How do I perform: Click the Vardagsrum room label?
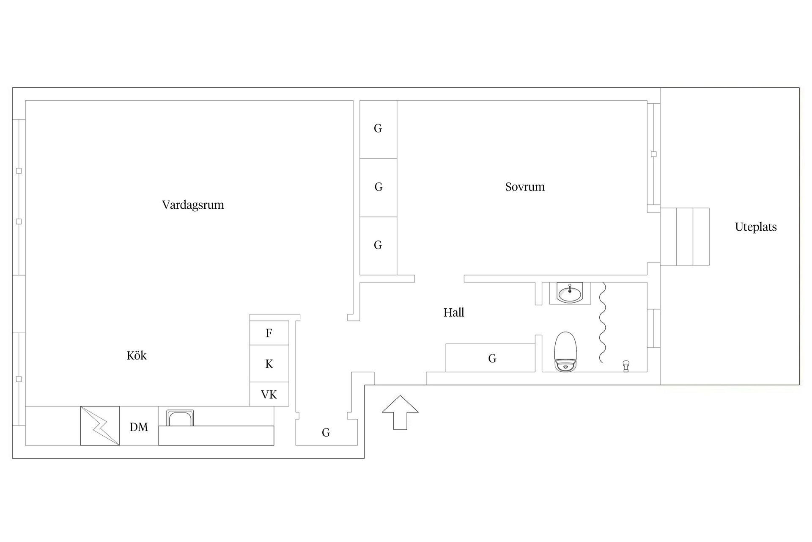(x=193, y=205)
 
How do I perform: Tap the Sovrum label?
(x=525, y=187)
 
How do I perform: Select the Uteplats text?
(x=756, y=227)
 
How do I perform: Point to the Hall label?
(x=454, y=312)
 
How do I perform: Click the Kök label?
(x=137, y=355)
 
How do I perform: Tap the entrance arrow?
(x=400, y=412)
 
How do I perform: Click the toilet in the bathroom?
(x=565, y=352)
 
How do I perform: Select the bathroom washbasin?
(x=570, y=293)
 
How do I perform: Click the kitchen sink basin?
(x=180, y=418)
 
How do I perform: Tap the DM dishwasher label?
(x=139, y=427)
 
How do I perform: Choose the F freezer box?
(x=269, y=333)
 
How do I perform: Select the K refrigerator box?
(x=269, y=364)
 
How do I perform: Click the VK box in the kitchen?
(x=269, y=395)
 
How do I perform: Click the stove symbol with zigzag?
(x=100, y=426)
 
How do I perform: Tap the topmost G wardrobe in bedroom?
(x=378, y=130)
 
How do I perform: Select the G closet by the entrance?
(x=326, y=432)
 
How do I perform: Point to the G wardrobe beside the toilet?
(x=491, y=358)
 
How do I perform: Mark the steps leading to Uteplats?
(x=685, y=237)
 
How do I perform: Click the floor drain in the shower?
(x=626, y=366)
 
